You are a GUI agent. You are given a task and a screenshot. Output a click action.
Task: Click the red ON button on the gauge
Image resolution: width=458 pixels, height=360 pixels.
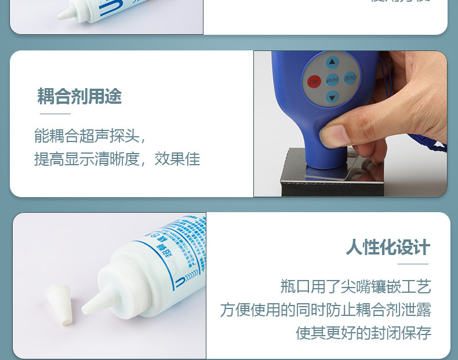(x=314, y=82)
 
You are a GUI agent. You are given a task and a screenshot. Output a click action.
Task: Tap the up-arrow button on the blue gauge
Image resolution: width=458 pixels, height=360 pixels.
(x=332, y=63)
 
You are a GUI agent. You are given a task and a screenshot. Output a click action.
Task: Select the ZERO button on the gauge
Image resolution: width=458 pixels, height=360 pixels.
(x=350, y=78)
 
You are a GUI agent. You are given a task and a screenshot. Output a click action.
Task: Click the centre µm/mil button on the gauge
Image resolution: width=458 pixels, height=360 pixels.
(x=332, y=80)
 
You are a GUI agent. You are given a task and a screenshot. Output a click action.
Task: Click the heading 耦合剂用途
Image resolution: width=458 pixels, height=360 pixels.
(x=79, y=96)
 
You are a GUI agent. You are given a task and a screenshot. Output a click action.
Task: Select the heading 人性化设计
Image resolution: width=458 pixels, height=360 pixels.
(x=388, y=247)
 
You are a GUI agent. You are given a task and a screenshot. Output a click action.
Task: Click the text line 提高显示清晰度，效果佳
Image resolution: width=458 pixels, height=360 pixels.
(x=117, y=159)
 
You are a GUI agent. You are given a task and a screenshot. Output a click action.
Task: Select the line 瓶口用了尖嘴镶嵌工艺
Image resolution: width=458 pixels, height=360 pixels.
(x=355, y=286)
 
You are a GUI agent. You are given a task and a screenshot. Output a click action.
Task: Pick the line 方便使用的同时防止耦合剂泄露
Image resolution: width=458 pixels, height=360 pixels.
(x=325, y=310)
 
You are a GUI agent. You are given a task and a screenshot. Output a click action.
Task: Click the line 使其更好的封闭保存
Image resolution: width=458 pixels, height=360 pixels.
(x=364, y=333)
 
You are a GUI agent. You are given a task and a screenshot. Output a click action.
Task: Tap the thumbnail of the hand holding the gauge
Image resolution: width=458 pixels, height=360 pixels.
(x=350, y=123)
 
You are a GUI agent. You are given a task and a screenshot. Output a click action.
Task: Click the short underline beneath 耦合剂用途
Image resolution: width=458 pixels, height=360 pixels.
(x=55, y=114)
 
